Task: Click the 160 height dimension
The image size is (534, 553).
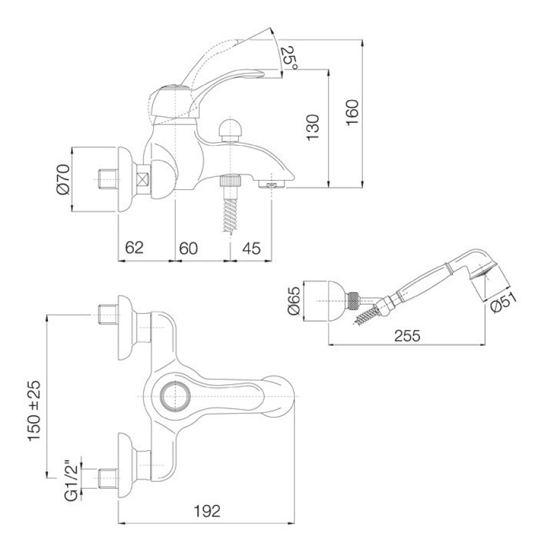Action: coord(352,112)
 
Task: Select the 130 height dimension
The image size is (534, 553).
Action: coord(312,127)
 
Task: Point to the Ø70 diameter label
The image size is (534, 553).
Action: coord(63,179)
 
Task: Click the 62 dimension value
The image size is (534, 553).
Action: coord(134,248)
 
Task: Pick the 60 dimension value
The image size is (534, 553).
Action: coord(188,248)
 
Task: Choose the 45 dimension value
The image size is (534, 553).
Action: coord(251,248)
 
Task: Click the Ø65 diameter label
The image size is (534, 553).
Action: coord(294,300)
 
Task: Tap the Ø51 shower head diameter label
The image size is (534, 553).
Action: coord(504,303)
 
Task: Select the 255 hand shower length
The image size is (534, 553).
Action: coord(407,336)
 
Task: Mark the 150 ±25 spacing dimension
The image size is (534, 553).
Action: coord(35,410)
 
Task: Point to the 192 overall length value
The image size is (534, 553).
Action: coord(207,511)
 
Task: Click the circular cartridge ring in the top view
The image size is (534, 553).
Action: coord(175,397)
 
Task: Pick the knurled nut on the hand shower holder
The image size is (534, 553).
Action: coord(353,301)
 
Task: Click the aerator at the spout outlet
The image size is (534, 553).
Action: coord(272,184)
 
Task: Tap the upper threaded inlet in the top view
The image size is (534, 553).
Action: coord(108,314)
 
